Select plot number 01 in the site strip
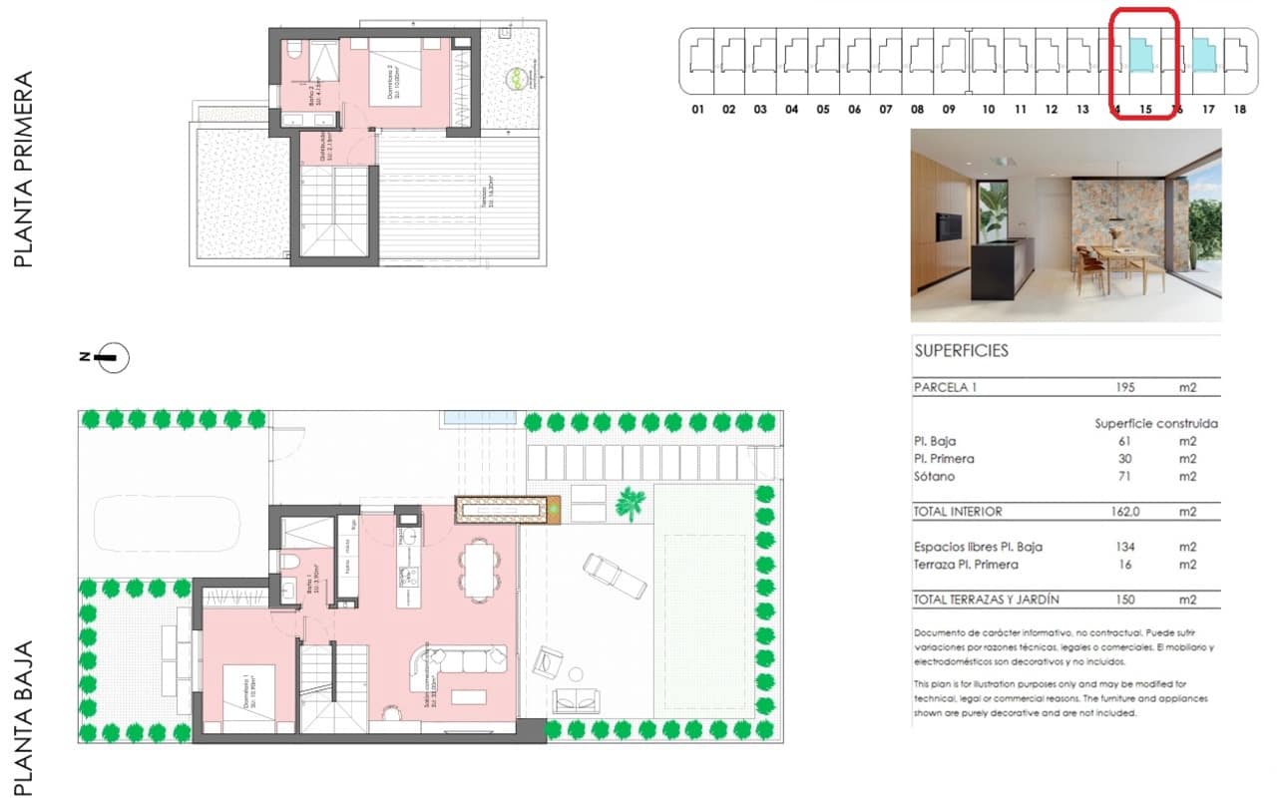(x=697, y=110)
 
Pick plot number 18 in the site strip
(x=1239, y=110)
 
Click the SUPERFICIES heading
(x=961, y=351)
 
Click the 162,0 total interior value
(x=1124, y=512)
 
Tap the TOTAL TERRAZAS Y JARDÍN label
(x=986, y=600)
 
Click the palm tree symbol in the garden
(x=631, y=502)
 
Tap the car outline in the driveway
(x=166, y=520)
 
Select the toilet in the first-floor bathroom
(x=294, y=50)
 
